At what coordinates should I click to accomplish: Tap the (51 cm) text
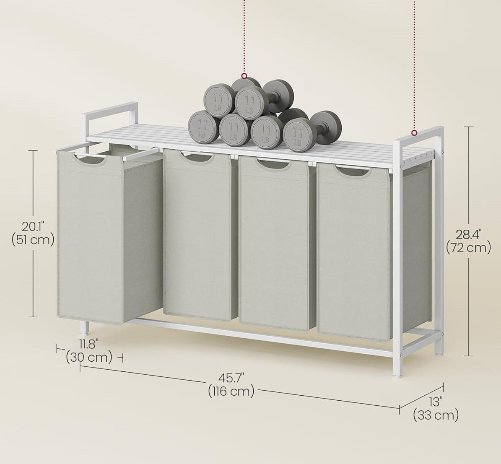click(33, 240)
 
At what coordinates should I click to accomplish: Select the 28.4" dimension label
click(468, 235)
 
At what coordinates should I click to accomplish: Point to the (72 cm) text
click(468, 248)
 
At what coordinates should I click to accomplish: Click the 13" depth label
click(436, 402)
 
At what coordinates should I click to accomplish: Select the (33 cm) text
click(436, 415)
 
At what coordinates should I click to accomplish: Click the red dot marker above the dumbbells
click(244, 76)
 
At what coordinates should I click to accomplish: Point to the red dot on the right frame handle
click(414, 133)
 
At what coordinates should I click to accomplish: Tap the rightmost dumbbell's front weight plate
click(298, 135)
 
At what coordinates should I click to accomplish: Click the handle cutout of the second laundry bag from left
click(197, 157)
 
